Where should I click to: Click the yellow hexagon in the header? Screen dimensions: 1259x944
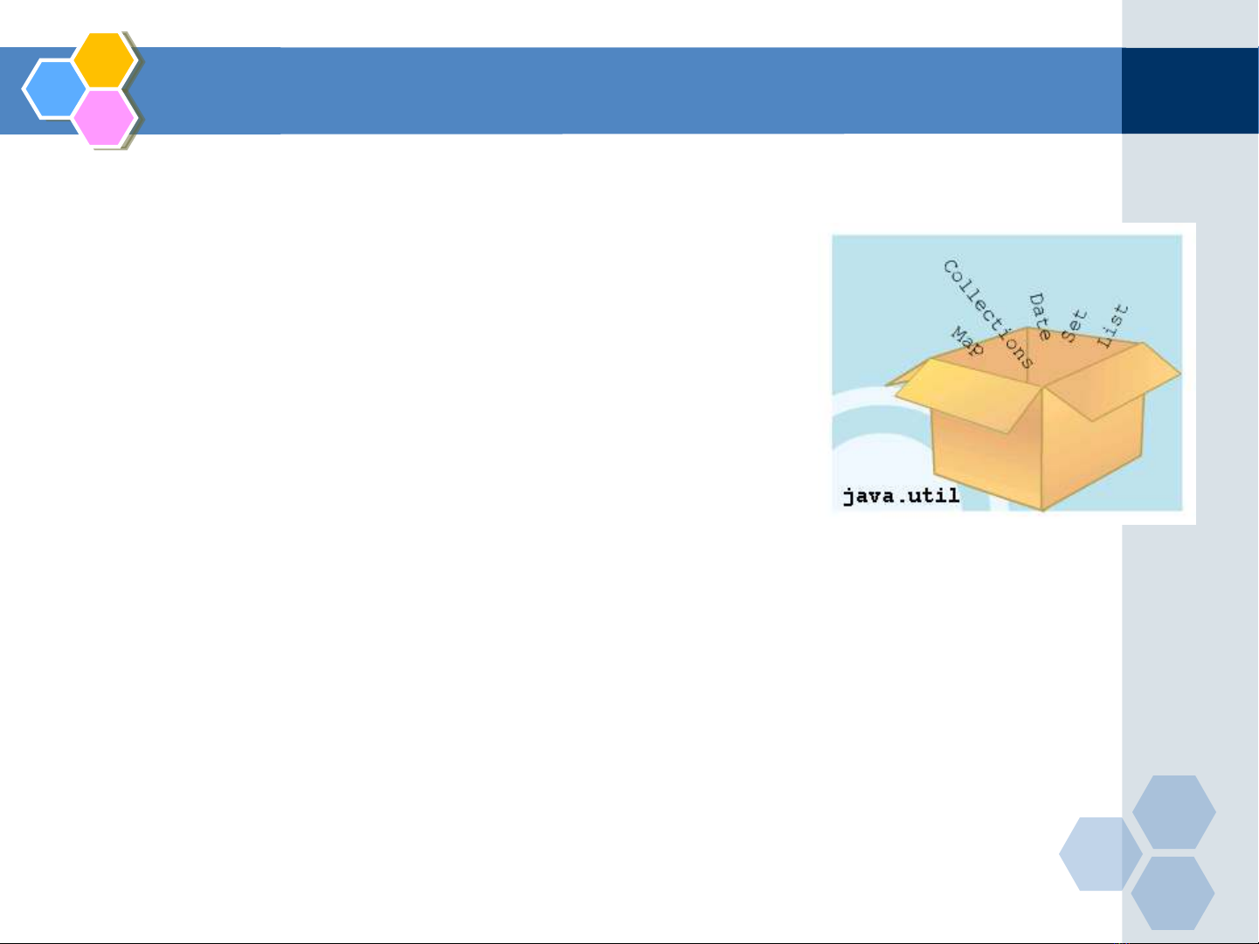pos(104,59)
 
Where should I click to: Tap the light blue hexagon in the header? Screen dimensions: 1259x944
pos(55,89)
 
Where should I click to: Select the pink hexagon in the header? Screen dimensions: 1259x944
pos(104,118)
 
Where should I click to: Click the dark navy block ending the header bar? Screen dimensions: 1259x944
pos(1190,91)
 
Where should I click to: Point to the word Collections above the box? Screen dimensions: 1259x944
pos(988,314)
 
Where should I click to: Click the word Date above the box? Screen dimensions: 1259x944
pos(1040,316)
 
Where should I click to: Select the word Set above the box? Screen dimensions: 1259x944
pos(1074,326)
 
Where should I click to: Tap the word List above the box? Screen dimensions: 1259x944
pos(1113,326)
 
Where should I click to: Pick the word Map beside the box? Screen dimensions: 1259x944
pos(967,341)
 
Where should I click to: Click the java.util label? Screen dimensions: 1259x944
pos(901,496)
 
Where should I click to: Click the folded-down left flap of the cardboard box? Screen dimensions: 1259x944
pos(968,396)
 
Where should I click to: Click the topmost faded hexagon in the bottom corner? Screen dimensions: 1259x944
pos(1173,811)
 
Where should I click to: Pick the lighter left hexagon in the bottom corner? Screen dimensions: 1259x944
pos(1100,854)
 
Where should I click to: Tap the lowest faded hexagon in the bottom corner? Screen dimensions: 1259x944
pos(1173,893)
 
